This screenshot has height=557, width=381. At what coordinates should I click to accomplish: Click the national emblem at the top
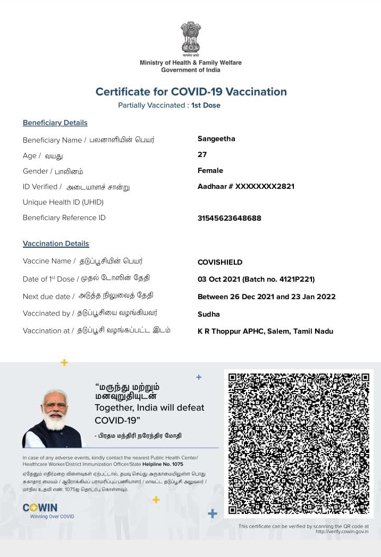pyautogui.click(x=190, y=37)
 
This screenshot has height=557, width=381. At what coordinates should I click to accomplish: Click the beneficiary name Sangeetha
pyautogui.click(x=216, y=139)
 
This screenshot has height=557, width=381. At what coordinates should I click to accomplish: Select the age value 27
pyautogui.click(x=202, y=155)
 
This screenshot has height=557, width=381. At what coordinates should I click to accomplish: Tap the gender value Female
pyautogui.click(x=210, y=171)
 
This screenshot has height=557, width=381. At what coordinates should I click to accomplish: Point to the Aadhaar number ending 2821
pyautogui.click(x=245, y=187)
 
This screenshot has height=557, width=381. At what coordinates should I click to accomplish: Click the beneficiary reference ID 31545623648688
pyautogui.click(x=229, y=218)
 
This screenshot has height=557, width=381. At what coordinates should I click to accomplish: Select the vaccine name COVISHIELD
pyautogui.click(x=219, y=262)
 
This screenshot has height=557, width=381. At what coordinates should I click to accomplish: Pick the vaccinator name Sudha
pyautogui.click(x=208, y=314)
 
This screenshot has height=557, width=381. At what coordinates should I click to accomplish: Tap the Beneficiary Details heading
pyautogui.click(x=55, y=123)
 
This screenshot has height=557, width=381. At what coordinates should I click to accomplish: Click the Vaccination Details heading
pyautogui.click(x=56, y=244)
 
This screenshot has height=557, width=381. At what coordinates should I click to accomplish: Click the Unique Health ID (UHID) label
pyautogui.click(x=63, y=202)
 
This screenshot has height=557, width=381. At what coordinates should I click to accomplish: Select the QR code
pyautogui.click(x=298, y=443)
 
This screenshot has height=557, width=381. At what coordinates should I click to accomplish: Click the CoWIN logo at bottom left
pyautogui.click(x=40, y=508)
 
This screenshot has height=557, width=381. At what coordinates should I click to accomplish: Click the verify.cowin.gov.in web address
pyautogui.click(x=342, y=532)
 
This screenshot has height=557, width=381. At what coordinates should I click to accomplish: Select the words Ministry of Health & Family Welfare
pyautogui.click(x=190, y=63)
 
